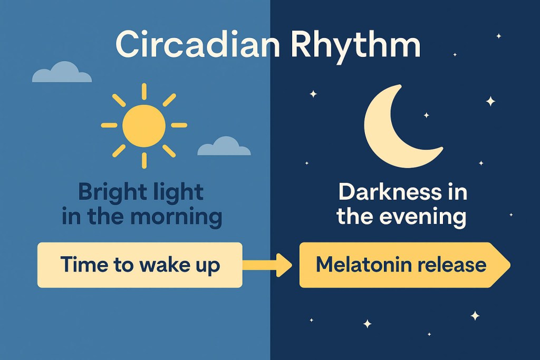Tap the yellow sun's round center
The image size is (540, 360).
click(x=143, y=125)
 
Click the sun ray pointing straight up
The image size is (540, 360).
click(x=143, y=91)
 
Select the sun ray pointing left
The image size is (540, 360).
click(x=109, y=125)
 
